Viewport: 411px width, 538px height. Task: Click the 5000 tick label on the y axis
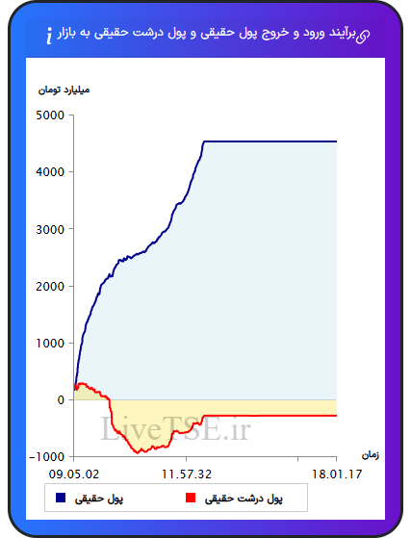coord(50,115)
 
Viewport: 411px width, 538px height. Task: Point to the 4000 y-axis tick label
coord(50,172)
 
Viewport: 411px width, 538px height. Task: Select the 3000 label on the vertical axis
coord(50,229)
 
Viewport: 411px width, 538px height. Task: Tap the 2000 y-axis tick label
coord(50,286)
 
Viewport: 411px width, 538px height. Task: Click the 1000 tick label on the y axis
coord(50,344)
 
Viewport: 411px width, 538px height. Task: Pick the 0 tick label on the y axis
coord(61,400)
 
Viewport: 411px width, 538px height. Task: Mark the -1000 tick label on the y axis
coord(47,457)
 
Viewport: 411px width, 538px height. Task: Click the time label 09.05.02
coord(74,474)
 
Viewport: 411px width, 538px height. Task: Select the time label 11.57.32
coord(187,474)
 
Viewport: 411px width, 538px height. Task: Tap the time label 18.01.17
coord(337,474)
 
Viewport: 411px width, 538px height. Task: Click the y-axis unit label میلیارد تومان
coord(64,90)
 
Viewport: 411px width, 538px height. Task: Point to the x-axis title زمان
coord(371,455)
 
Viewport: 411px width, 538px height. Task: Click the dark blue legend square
coord(61,498)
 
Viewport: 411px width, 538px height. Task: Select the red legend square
coord(191,498)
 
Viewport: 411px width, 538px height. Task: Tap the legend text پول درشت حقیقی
coord(244,499)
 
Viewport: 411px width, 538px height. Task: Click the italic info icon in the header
coord(49,36)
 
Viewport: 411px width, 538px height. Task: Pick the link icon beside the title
coord(363,37)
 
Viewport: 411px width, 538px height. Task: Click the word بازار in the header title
coord(66,34)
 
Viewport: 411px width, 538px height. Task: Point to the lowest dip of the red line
coord(138,453)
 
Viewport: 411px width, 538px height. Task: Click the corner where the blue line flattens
coord(204,141)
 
